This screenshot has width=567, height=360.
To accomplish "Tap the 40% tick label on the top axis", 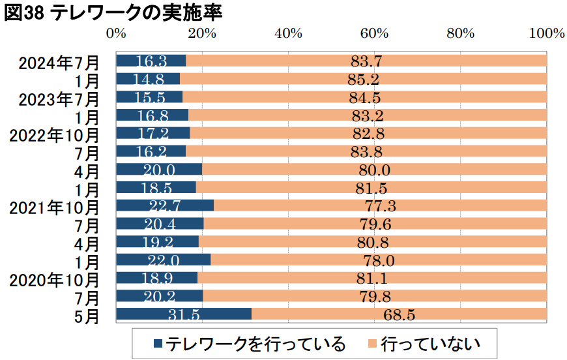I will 288,34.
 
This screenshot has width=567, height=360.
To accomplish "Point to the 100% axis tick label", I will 545,34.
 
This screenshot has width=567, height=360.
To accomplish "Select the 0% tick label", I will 116,34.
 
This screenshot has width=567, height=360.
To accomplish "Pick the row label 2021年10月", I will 55,208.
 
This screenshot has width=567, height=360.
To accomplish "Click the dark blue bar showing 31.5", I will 184,314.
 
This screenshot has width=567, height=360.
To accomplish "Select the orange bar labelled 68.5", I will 399,314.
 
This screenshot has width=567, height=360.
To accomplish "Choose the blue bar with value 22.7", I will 165,205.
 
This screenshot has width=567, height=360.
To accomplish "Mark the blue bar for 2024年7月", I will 151,61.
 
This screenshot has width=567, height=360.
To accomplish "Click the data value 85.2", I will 364,80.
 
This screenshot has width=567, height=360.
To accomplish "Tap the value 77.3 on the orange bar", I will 379,206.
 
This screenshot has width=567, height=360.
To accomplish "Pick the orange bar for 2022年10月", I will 368,133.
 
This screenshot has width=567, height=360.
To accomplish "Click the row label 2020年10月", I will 55,281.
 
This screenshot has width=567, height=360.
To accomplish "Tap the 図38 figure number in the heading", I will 23,14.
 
